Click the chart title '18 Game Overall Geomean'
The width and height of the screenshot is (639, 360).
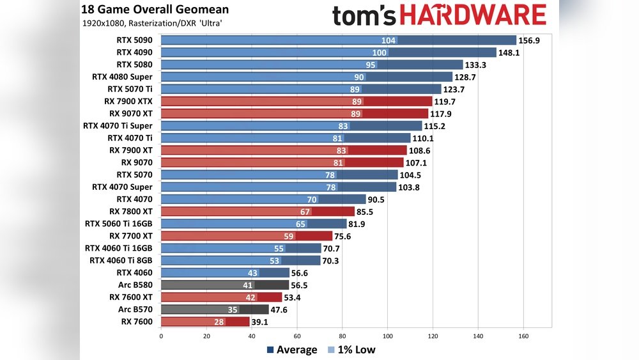tap(155, 10)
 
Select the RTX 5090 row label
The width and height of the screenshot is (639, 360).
tap(134, 40)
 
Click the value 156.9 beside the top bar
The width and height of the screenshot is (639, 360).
tap(530, 40)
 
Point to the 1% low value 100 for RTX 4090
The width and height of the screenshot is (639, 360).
tap(379, 52)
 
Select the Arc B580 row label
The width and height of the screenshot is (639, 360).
tap(135, 285)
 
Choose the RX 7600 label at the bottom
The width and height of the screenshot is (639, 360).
tap(137, 322)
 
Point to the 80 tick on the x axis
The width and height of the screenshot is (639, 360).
tap(342, 336)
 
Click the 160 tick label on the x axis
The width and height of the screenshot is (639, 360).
tap(523, 336)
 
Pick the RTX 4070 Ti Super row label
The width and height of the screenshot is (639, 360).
tap(118, 126)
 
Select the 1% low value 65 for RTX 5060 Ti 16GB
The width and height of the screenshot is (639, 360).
tap(300, 224)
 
